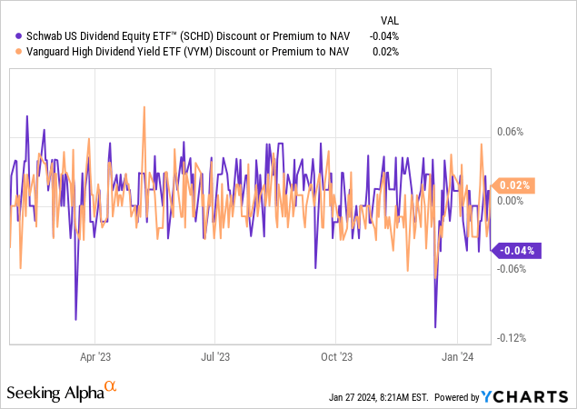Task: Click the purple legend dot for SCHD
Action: coord(9,35)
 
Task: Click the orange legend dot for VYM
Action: coord(9,52)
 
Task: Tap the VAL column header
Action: coord(388,18)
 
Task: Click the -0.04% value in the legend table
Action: coord(385,35)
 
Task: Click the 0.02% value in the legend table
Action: coord(387,52)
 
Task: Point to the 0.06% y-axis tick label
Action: coord(510,131)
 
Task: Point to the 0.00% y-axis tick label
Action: coord(510,200)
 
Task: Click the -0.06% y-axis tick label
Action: coord(509,269)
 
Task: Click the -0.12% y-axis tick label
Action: coord(509,338)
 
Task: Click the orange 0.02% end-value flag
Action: coord(515,185)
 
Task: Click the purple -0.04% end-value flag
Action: coord(515,251)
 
